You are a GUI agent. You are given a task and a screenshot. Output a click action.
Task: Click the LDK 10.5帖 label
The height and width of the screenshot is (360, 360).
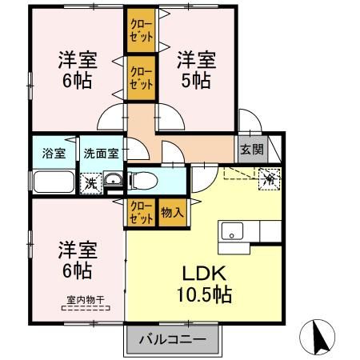click(205, 285)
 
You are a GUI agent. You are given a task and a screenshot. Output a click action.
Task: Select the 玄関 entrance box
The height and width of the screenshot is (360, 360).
click(249, 149)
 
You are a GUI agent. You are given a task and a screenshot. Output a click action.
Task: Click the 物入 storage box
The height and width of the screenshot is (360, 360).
click(171, 213)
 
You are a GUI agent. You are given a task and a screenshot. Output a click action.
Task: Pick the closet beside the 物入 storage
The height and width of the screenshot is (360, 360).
click(141, 213)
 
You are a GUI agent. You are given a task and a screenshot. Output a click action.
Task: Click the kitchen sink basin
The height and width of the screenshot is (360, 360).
click(232, 232)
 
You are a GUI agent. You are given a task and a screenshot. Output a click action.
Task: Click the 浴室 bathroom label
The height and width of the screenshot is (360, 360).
click(54, 153)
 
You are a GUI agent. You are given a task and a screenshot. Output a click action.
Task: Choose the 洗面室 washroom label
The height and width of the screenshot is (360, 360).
click(102, 153)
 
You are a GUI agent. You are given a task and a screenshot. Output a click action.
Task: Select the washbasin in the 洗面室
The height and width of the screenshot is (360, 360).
click(114, 181)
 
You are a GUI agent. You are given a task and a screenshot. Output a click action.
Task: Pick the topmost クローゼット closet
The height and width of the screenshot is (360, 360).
click(142, 30)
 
